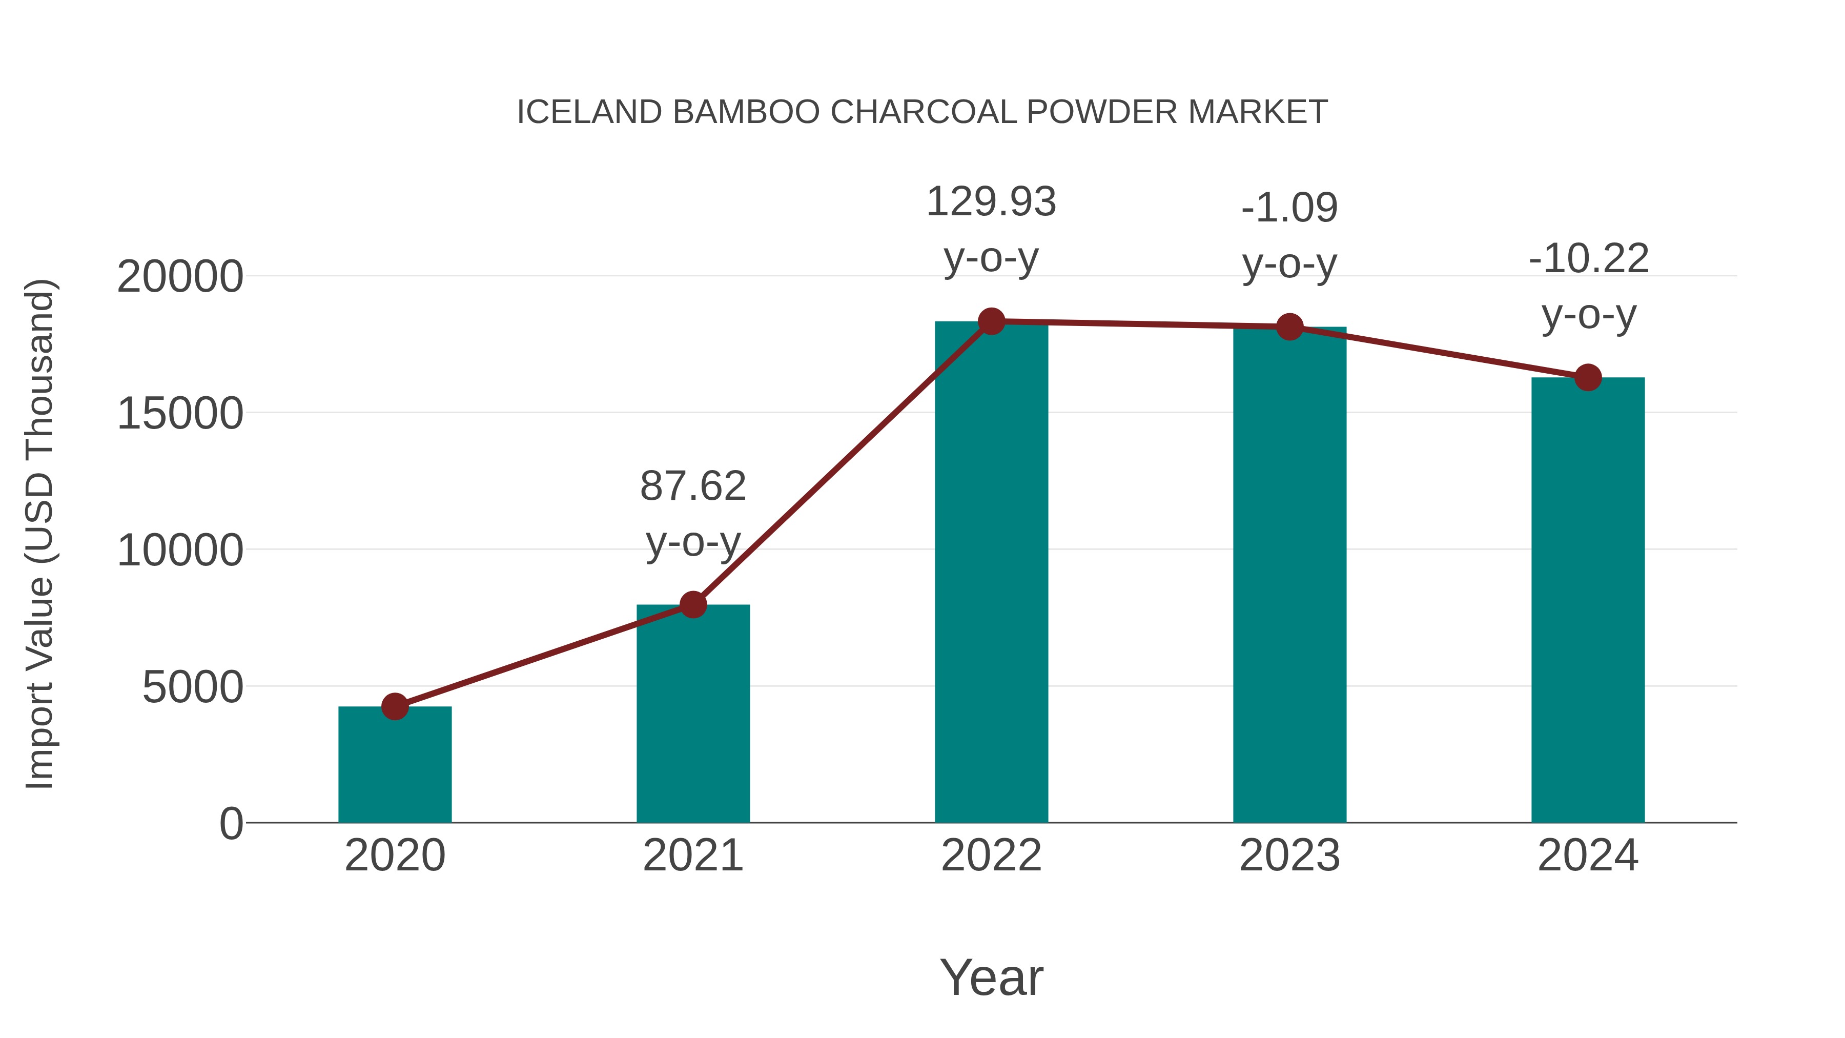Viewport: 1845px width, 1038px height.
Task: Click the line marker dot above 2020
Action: coord(395,706)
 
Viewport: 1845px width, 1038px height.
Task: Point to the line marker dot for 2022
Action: coord(991,321)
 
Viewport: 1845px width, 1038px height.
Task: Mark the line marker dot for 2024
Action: coord(1588,377)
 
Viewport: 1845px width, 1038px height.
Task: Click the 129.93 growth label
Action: coord(991,201)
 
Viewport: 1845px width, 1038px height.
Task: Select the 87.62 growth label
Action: coord(692,486)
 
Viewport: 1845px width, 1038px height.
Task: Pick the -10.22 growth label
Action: coord(1588,259)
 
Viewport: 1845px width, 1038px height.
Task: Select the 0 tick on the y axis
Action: coord(231,823)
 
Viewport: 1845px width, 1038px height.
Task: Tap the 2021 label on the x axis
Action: coord(692,856)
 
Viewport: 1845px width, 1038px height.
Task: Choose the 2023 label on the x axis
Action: coord(1289,856)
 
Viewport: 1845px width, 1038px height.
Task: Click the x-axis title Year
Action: coord(991,977)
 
